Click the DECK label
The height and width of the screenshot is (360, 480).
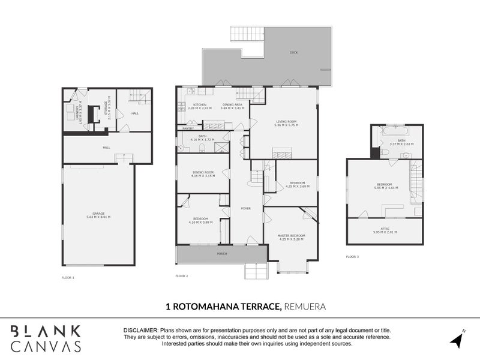(x=293, y=53)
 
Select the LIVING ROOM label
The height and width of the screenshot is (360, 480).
(x=286, y=121)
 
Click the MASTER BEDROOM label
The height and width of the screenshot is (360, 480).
(x=291, y=235)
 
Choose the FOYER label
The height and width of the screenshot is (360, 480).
(x=246, y=208)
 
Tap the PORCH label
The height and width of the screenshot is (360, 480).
(x=221, y=254)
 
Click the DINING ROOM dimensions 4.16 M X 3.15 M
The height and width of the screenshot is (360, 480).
(x=202, y=176)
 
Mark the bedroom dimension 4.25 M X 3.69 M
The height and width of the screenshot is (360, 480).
(x=296, y=186)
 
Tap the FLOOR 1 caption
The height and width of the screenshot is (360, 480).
(x=68, y=278)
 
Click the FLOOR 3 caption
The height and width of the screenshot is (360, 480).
(x=352, y=256)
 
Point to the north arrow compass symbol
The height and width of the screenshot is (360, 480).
(x=457, y=338)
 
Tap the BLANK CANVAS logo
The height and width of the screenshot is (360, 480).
(x=46, y=338)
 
